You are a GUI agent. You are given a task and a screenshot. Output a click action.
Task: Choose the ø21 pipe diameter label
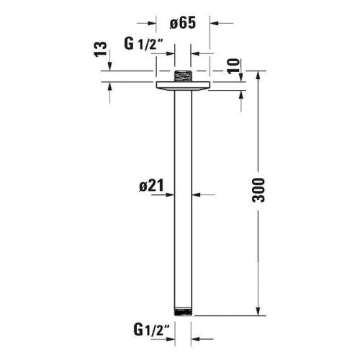coord(152,186)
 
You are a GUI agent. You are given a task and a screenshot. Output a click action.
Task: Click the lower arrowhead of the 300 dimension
coord(258,312)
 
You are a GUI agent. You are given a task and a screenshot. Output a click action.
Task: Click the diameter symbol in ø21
coord(141,186)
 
